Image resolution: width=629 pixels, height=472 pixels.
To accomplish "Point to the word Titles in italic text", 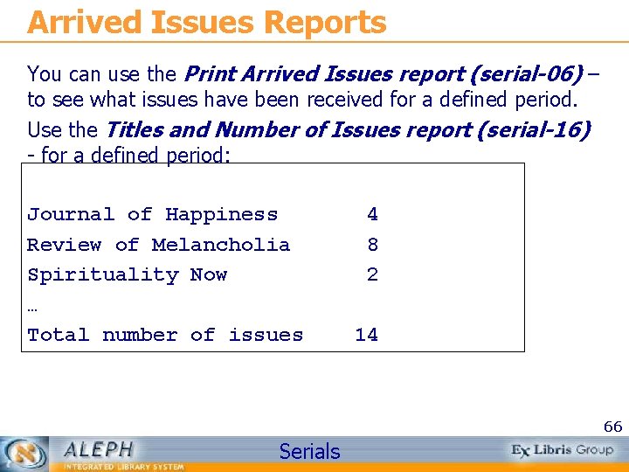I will tap(132, 130).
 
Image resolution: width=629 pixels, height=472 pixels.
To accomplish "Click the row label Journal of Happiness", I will tap(152, 214).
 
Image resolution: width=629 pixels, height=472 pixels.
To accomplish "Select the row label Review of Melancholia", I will tap(158, 245).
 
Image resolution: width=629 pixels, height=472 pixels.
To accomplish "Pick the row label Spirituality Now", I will tap(127, 274).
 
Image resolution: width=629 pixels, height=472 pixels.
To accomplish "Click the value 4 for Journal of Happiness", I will tap(372, 214).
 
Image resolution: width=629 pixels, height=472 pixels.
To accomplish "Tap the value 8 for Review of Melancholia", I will tap(372, 245).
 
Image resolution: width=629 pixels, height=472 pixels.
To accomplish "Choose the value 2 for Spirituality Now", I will tap(372, 274).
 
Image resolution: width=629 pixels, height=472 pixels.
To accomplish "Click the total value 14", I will tap(366, 335).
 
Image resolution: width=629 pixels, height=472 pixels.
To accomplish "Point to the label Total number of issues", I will tap(165, 335).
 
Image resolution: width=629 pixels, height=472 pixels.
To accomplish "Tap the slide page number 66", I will tap(612, 427).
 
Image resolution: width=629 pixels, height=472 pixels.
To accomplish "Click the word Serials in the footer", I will tap(309, 451).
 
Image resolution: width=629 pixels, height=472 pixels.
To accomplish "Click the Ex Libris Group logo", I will tap(562, 450).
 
